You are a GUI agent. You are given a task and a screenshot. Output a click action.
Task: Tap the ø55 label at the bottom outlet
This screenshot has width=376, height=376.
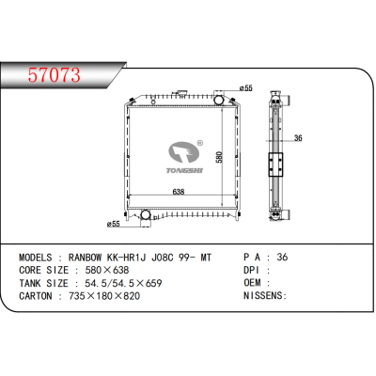[x=113, y=225]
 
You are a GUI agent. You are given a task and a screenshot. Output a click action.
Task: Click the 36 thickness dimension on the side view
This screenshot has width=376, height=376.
[x=297, y=139]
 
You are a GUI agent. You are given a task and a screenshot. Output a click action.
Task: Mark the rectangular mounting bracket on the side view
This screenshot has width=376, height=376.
[x=277, y=164]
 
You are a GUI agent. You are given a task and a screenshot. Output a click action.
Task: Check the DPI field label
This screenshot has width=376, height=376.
[x=254, y=269]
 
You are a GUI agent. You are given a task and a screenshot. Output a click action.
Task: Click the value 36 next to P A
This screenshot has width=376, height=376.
[x=283, y=256]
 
